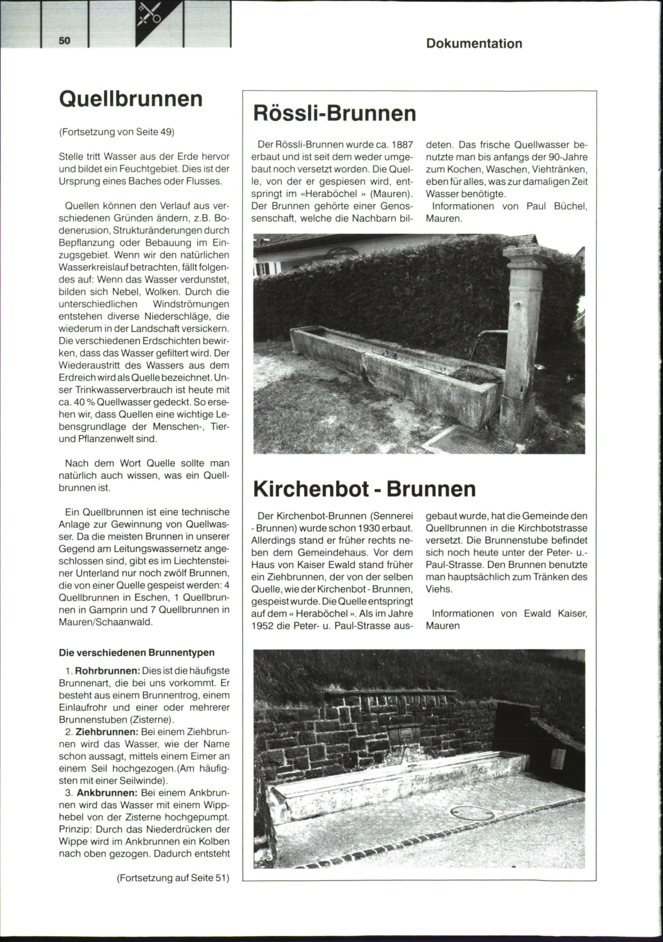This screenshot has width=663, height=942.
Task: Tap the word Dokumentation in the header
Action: (474, 44)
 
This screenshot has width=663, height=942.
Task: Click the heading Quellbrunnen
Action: (131, 99)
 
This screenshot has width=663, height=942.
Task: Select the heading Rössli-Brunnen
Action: (334, 113)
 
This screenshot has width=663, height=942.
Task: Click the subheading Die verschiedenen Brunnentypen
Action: (136, 652)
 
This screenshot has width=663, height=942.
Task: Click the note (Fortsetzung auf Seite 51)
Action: (172, 877)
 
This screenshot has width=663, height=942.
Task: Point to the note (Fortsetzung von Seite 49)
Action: (117, 132)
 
